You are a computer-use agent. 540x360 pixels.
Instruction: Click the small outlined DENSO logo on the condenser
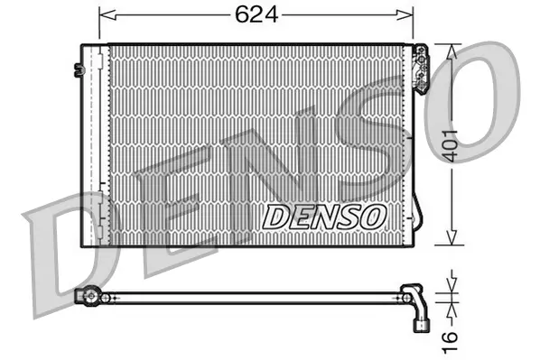coord(325,216)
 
